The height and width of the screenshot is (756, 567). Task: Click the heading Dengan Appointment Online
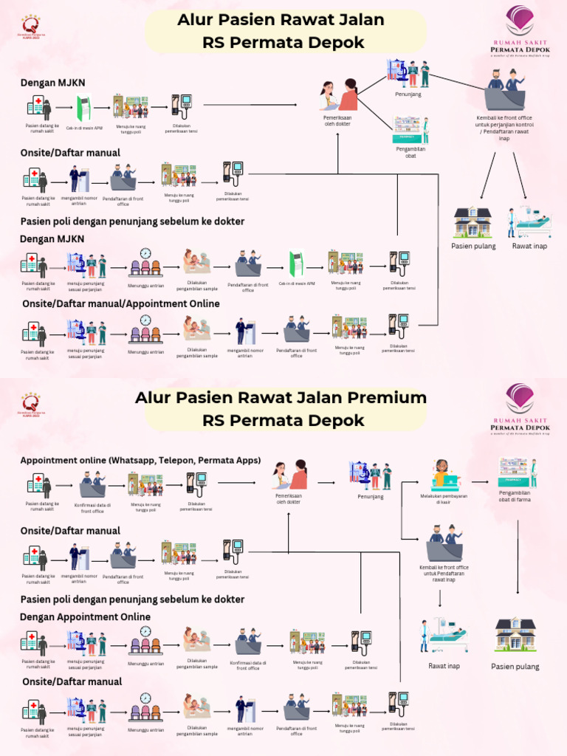click(85, 616)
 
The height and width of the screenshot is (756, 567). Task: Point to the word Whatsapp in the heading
click(130, 460)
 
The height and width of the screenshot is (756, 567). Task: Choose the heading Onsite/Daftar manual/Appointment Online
click(121, 303)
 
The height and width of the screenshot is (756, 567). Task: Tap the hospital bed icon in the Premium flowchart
click(444, 636)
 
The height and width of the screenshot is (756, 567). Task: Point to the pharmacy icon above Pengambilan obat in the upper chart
click(411, 129)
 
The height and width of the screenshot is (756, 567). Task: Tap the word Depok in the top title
click(338, 43)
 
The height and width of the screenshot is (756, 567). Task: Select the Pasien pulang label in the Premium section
click(515, 667)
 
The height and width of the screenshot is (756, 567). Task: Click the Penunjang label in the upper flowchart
click(408, 94)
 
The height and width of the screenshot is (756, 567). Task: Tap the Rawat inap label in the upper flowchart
click(529, 246)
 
